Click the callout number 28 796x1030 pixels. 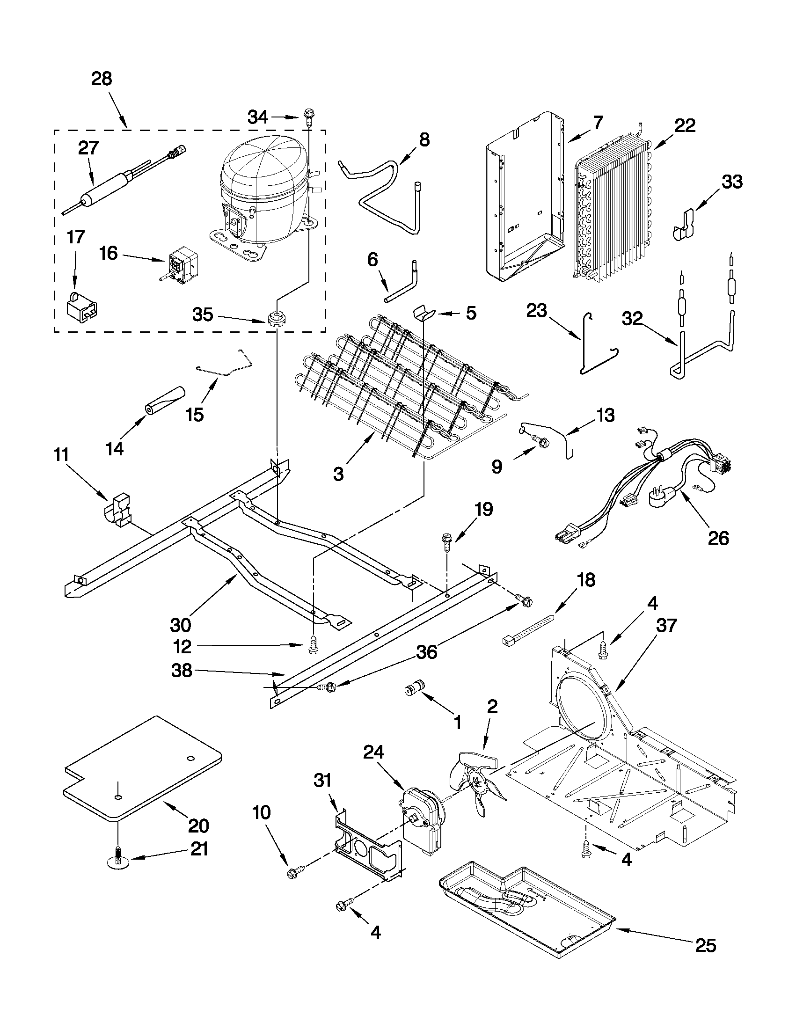(102, 79)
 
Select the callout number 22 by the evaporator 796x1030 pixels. (685, 125)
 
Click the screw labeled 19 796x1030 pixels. (446, 541)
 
